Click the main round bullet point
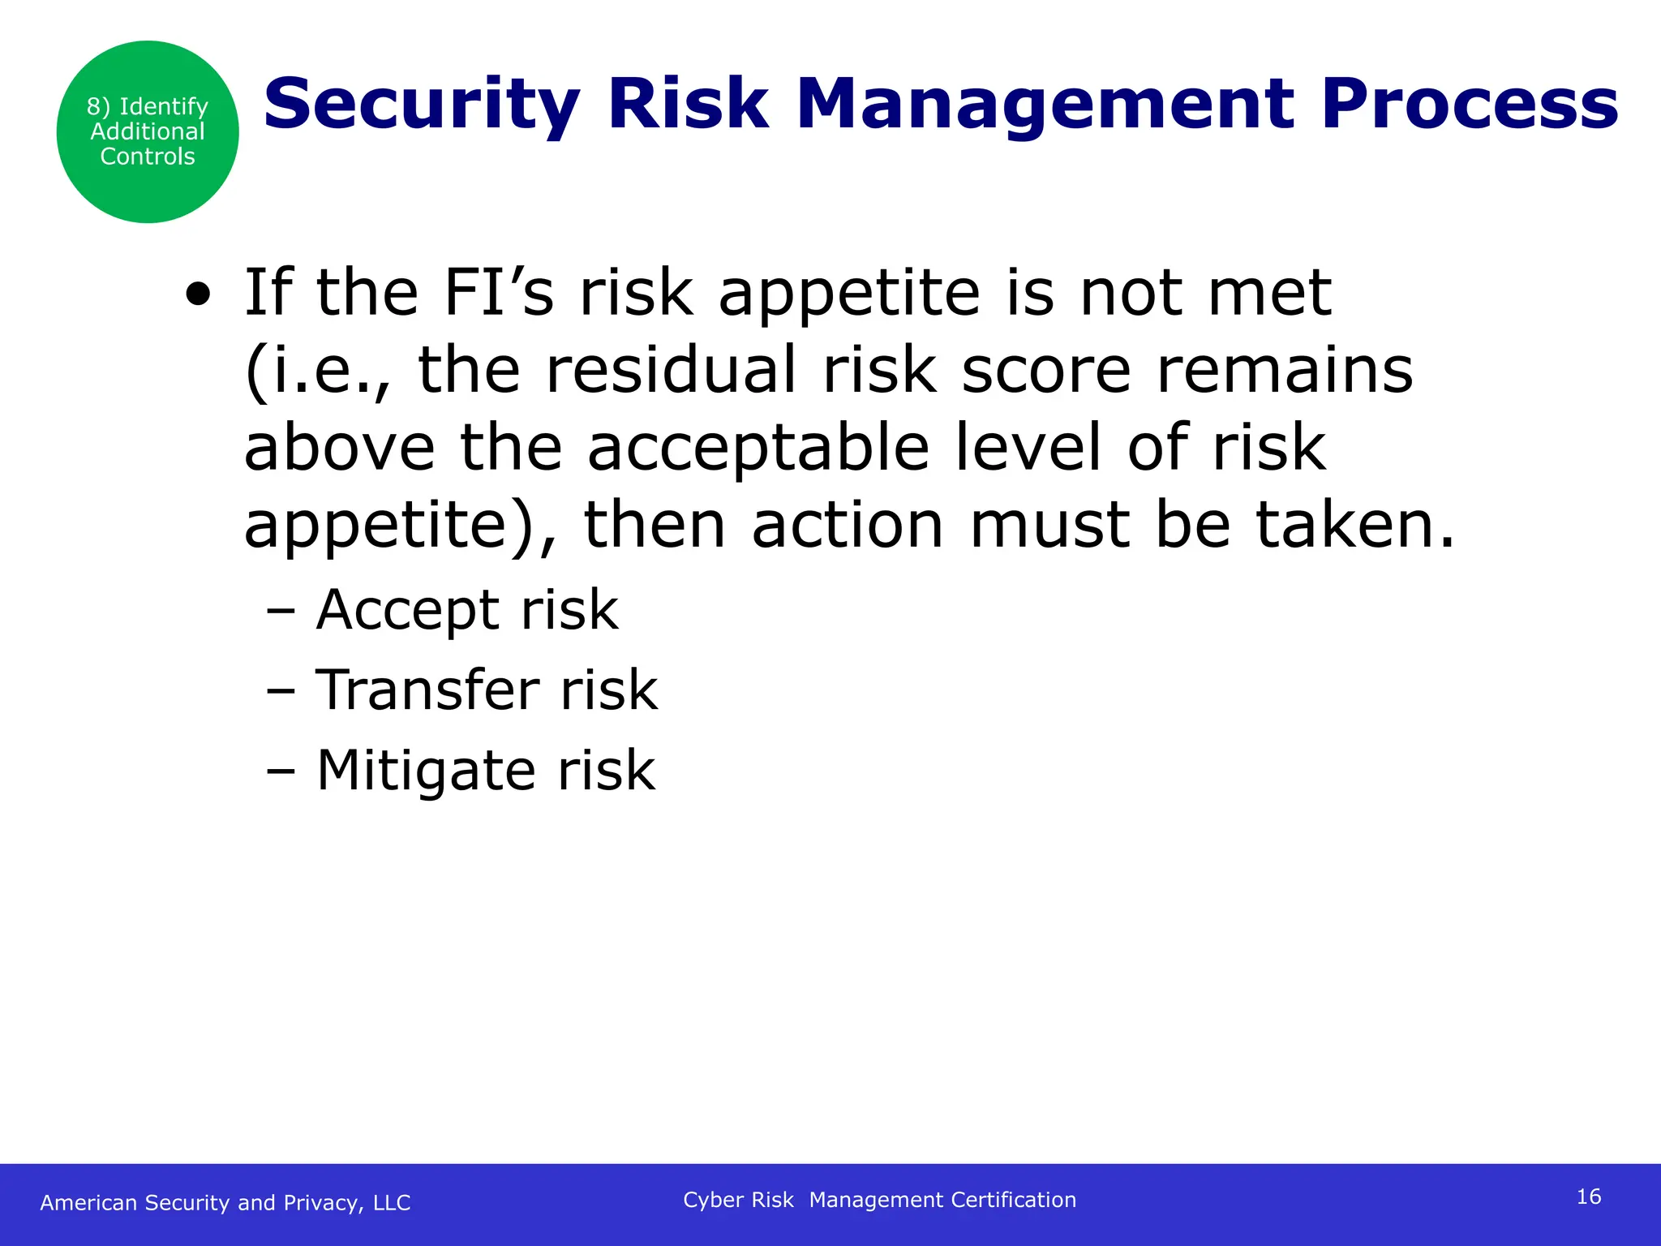197,295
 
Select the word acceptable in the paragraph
758,448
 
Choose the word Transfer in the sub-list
427,690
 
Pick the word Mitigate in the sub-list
425,770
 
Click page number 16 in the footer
1588,1197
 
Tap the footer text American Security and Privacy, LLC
225,1202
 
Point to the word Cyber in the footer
713,1200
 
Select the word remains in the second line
1284,370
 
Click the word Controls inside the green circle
147,157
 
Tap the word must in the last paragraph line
1049,525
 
